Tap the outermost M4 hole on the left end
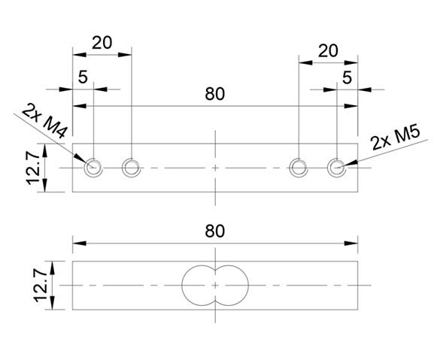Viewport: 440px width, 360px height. [93, 167]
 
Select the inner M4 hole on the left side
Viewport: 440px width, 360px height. [131, 167]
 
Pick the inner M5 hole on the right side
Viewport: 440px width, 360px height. [299, 167]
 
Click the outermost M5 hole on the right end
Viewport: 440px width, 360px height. [336, 167]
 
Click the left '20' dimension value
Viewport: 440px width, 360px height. [102, 42]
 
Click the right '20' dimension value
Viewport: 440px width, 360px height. [327, 50]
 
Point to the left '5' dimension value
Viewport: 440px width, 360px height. [83, 77]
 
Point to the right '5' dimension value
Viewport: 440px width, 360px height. [347, 77]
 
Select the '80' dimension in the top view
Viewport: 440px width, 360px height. [215, 95]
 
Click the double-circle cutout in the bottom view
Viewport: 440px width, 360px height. [215, 285]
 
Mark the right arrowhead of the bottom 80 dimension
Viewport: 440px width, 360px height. [354, 243]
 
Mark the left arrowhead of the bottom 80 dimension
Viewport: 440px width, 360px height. [75, 243]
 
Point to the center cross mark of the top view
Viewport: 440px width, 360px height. [215, 167]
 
